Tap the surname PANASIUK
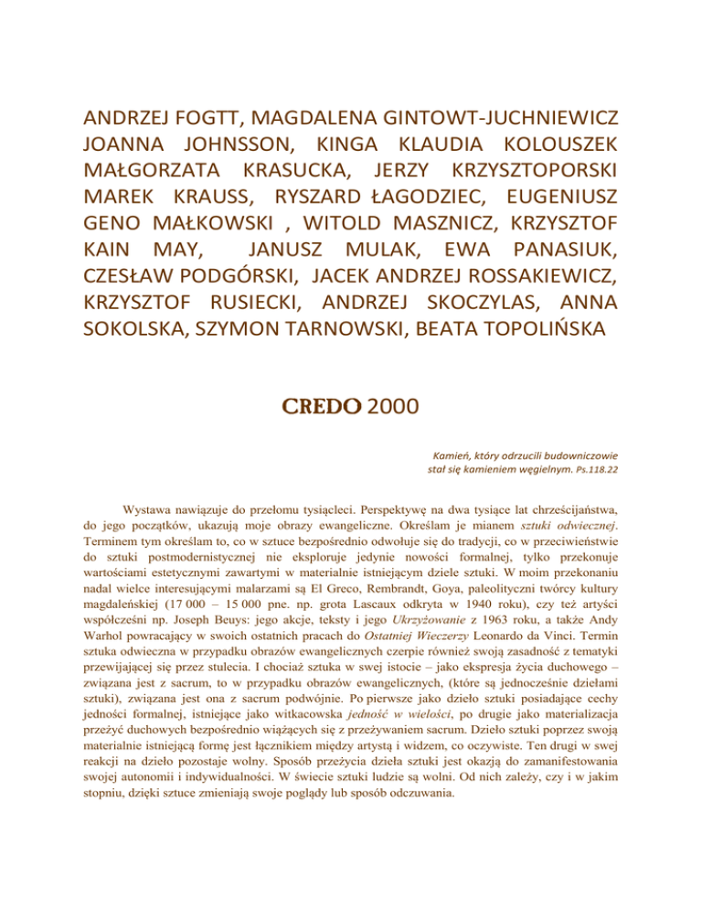pyautogui.click(x=541, y=251)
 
